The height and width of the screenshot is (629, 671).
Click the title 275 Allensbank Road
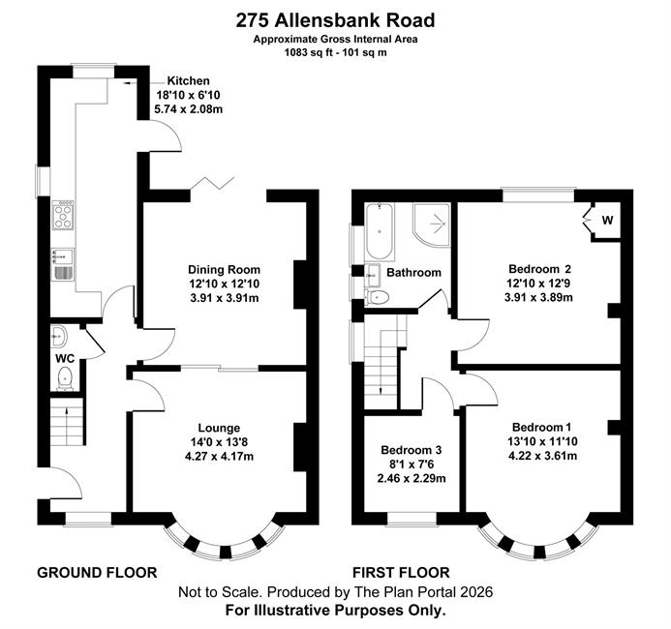(335, 20)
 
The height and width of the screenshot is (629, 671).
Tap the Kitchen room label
(188, 81)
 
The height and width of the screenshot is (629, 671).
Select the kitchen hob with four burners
(63, 216)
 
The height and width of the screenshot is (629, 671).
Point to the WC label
(65, 359)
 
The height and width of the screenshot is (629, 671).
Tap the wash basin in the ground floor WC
(58, 336)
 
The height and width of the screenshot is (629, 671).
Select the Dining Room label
(225, 270)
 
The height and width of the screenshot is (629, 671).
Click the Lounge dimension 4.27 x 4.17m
(219, 457)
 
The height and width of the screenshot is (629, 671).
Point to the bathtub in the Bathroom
(380, 231)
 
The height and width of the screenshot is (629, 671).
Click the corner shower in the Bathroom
(432, 225)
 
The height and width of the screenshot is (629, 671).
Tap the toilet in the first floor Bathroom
(376, 296)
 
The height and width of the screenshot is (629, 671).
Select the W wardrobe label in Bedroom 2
(607, 221)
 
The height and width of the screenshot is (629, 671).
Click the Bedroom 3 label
(412, 450)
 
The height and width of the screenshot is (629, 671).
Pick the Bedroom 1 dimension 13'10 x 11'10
(542, 441)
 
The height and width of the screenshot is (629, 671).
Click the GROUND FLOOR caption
(97, 572)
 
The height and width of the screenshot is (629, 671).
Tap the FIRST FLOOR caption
(401, 572)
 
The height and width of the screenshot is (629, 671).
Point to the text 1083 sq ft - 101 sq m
(335, 53)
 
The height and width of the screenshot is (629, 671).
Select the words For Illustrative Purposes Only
(335, 610)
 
